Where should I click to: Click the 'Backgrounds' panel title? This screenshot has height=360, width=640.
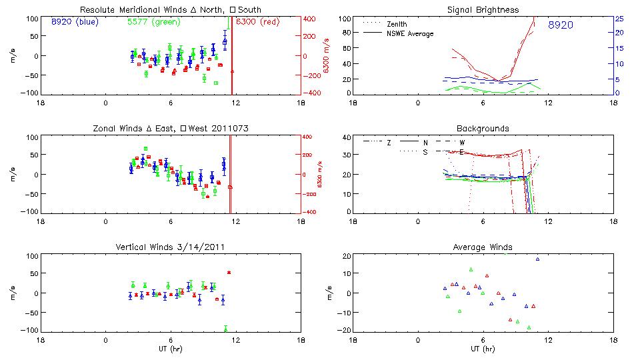483,128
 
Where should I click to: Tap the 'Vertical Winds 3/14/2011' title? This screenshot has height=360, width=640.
170,247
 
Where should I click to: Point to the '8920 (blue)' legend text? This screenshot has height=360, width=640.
74,21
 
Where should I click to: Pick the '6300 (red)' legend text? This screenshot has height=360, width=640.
257,21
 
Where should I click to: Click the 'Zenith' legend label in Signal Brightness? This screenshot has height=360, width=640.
397,24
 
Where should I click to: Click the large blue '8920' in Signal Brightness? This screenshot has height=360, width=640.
561,25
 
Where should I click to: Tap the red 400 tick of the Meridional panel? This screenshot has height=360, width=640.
311,19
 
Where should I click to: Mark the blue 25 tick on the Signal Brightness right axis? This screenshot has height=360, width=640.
619,19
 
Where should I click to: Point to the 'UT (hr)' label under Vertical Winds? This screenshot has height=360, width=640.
170,348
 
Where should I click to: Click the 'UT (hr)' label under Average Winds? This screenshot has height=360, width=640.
483,348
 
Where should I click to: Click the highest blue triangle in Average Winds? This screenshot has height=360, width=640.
537,259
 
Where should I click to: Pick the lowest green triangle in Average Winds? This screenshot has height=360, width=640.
529,327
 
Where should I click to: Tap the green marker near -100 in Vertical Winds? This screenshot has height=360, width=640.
226,329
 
